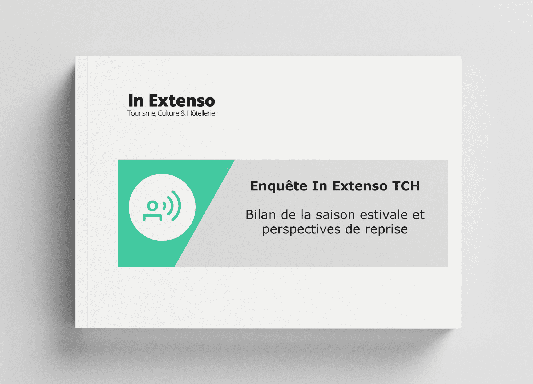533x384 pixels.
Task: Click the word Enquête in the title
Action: tap(278, 186)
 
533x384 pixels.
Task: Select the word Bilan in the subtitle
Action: tap(260, 215)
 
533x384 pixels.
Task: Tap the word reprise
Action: tap(386, 230)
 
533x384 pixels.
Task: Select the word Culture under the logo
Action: tap(168, 113)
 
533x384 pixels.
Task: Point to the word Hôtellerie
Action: tap(201, 113)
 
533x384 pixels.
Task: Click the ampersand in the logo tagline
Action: tap(183, 113)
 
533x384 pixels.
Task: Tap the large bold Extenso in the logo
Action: tap(182, 101)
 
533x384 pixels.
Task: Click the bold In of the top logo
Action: tap(136, 101)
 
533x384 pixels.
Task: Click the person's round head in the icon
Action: tap(152, 206)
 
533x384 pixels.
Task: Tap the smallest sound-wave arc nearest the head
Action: tap(165, 206)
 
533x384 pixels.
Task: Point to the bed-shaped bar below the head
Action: tap(152, 217)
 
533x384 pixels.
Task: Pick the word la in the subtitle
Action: tap(306, 215)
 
